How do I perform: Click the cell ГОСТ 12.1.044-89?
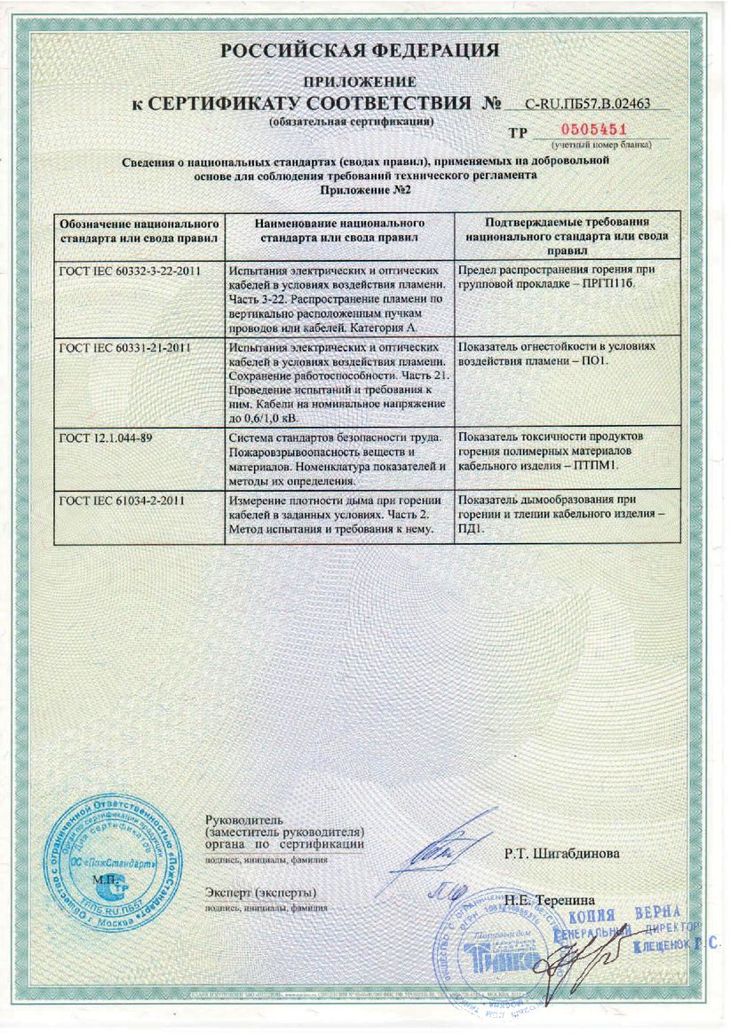coord(99,438)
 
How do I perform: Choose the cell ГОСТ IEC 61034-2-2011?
coord(121,501)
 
